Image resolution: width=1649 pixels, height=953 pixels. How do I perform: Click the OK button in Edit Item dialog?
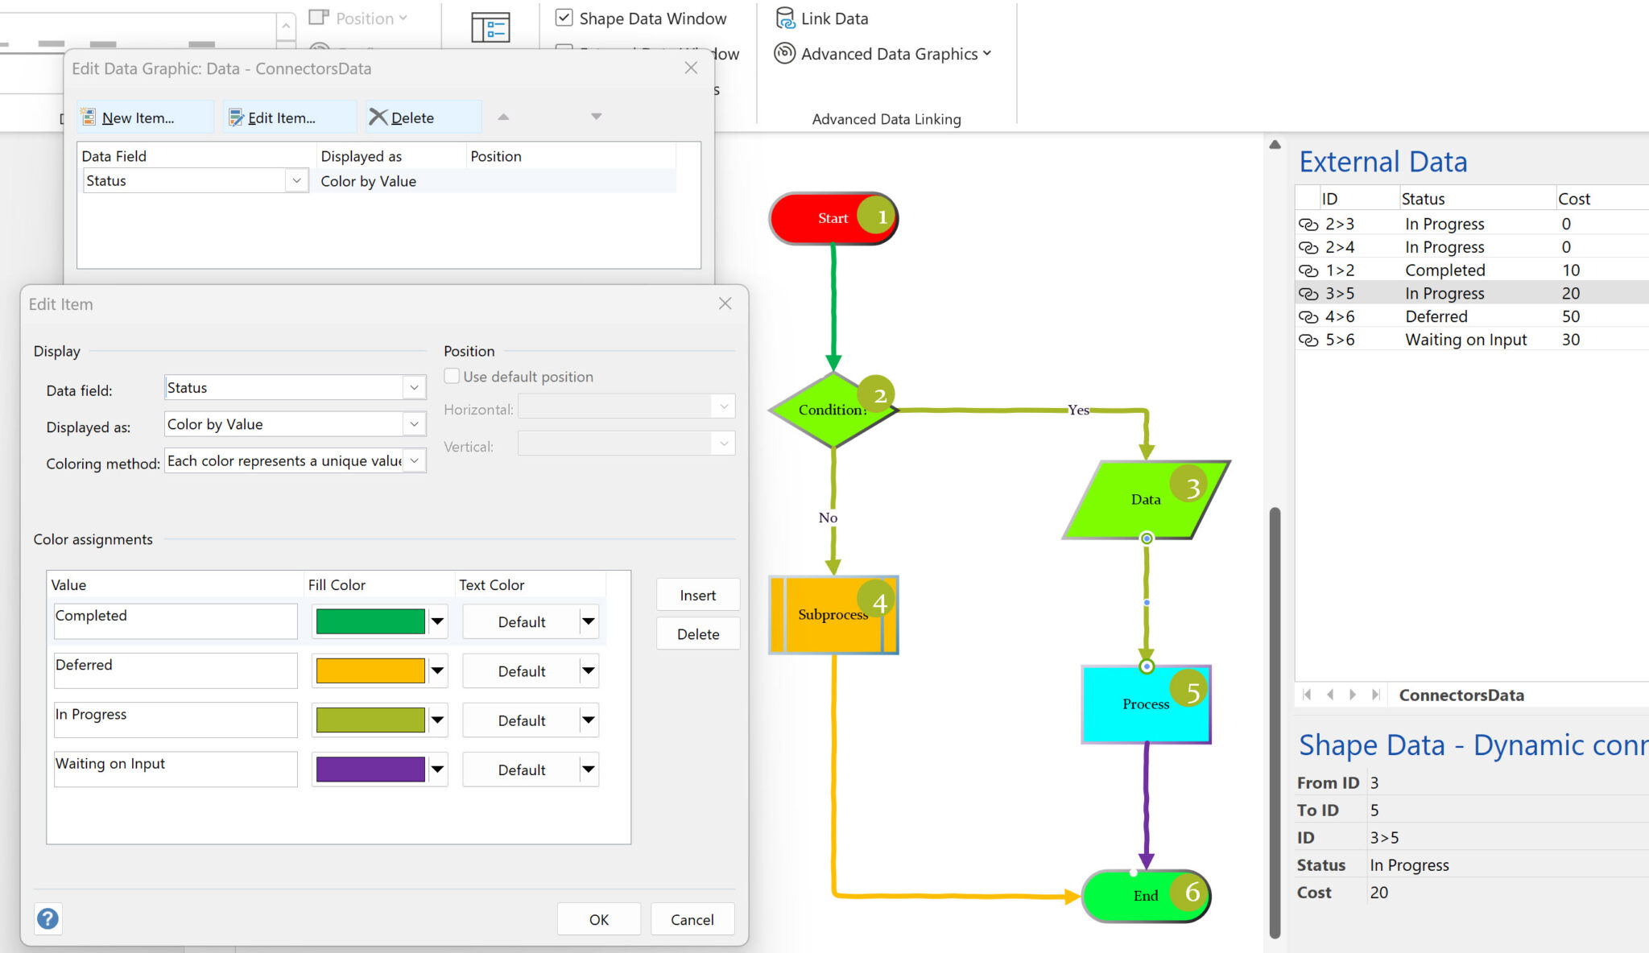(x=598, y=919)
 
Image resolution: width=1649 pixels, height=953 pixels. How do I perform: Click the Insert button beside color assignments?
(x=697, y=595)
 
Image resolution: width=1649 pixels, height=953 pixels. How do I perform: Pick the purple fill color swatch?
(x=370, y=769)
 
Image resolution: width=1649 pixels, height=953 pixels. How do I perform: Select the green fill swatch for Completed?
(x=370, y=621)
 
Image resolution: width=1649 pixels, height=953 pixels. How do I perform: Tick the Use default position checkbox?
(x=453, y=376)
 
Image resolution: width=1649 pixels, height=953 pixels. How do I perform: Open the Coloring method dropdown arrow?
(x=414, y=460)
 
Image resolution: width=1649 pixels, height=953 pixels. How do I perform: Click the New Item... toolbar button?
(x=129, y=118)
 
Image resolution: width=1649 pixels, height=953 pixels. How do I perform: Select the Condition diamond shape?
(x=829, y=410)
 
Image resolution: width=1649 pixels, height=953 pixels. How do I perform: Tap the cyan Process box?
(x=1135, y=704)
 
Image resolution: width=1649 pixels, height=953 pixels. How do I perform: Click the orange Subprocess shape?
(x=829, y=615)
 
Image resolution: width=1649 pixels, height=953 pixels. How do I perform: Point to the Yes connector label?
(x=1078, y=410)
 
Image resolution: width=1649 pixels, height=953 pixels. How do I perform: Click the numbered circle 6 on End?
(x=1192, y=892)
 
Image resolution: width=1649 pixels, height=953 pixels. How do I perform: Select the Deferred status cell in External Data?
(x=1436, y=316)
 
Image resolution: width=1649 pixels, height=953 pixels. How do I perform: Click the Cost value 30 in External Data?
(x=1570, y=340)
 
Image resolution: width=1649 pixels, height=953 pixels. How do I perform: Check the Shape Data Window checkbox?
(x=564, y=18)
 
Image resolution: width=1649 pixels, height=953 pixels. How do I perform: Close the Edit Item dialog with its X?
(x=725, y=303)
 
